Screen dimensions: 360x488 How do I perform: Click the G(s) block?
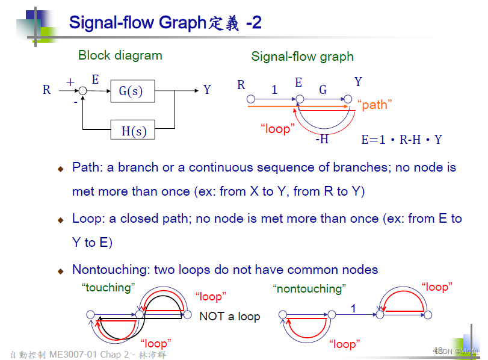tap(131, 92)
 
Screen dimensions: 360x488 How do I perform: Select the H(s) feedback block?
tap(134, 130)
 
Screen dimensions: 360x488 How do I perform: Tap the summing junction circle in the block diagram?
tap(83, 90)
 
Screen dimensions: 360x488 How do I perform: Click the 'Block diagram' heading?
tap(120, 55)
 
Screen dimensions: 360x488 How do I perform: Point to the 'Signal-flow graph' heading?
tap(302, 57)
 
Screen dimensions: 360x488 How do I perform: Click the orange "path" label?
tap(375, 105)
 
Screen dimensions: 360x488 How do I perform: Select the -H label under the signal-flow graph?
tap(322, 140)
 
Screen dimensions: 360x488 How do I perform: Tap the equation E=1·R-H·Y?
tap(401, 140)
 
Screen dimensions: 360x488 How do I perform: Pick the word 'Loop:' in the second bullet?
tap(89, 219)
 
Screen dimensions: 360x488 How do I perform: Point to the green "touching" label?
tap(108, 288)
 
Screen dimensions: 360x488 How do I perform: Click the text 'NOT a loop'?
tap(229, 317)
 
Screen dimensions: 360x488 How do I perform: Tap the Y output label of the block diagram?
tap(207, 90)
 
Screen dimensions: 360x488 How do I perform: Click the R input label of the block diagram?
tap(46, 90)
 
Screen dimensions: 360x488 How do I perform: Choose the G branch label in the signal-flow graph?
tap(323, 90)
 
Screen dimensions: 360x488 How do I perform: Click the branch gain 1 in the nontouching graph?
tap(353, 308)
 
